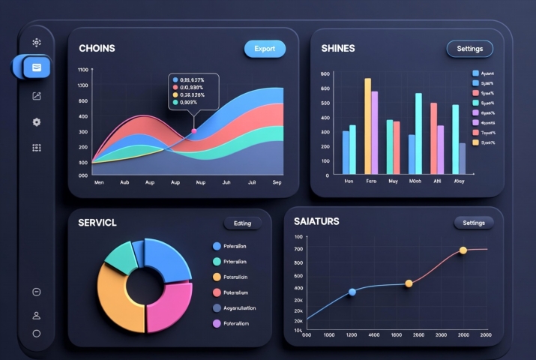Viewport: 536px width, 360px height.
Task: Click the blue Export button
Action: click(x=265, y=49)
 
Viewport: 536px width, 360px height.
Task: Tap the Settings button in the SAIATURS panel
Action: click(x=474, y=223)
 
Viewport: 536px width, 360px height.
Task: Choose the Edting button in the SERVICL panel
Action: click(x=243, y=223)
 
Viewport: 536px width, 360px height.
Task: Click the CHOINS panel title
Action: click(x=97, y=49)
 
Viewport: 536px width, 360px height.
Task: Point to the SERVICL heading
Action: click(x=97, y=223)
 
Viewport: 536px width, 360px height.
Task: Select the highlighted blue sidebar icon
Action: click(x=36, y=67)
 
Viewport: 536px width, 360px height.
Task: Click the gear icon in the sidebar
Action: click(x=36, y=121)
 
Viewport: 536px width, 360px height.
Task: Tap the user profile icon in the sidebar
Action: click(x=36, y=316)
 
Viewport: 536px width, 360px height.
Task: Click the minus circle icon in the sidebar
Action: click(x=36, y=292)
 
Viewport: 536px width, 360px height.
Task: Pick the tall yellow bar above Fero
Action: click(x=367, y=125)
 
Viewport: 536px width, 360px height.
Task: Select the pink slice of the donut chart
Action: click(x=171, y=300)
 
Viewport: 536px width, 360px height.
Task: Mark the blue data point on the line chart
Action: click(x=352, y=292)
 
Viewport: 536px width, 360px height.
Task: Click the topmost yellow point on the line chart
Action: click(x=463, y=250)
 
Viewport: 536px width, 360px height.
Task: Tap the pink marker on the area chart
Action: click(x=194, y=131)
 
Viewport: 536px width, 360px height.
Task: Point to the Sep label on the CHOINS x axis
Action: click(x=277, y=182)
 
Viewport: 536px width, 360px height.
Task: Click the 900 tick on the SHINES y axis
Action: click(x=325, y=74)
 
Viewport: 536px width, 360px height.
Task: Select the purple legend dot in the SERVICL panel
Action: click(x=217, y=323)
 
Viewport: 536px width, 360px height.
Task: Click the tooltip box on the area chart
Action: click(x=193, y=91)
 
